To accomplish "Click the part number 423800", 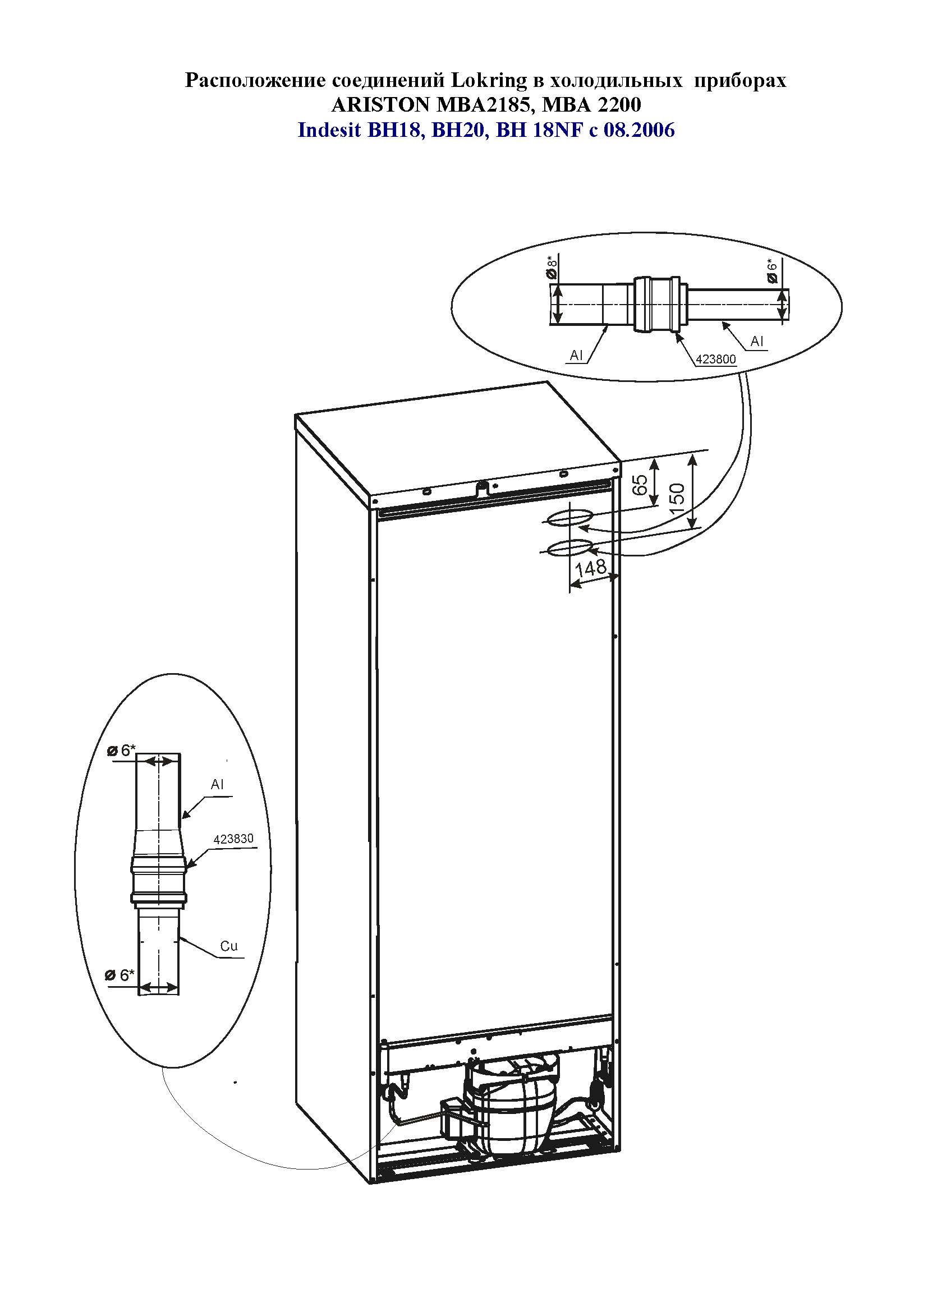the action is [715, 360].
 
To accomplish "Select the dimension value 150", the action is [676, 498].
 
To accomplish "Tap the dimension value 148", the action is [591, 568].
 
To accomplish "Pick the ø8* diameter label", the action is [552, 269].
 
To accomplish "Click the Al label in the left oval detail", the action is [217, 785].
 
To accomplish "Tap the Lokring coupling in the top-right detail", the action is [656, 305].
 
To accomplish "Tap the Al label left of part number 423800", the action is [577, 356].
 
